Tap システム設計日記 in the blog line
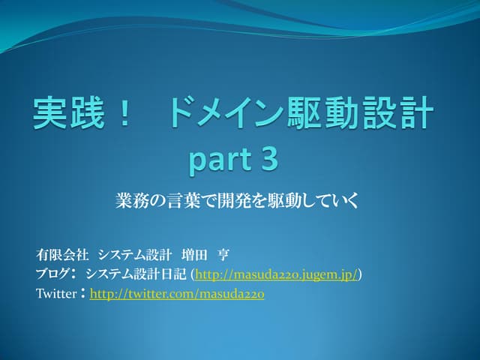point(136,274)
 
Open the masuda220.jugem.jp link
point(276,275)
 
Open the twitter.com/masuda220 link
point(176,295)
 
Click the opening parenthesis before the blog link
point(193,275)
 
